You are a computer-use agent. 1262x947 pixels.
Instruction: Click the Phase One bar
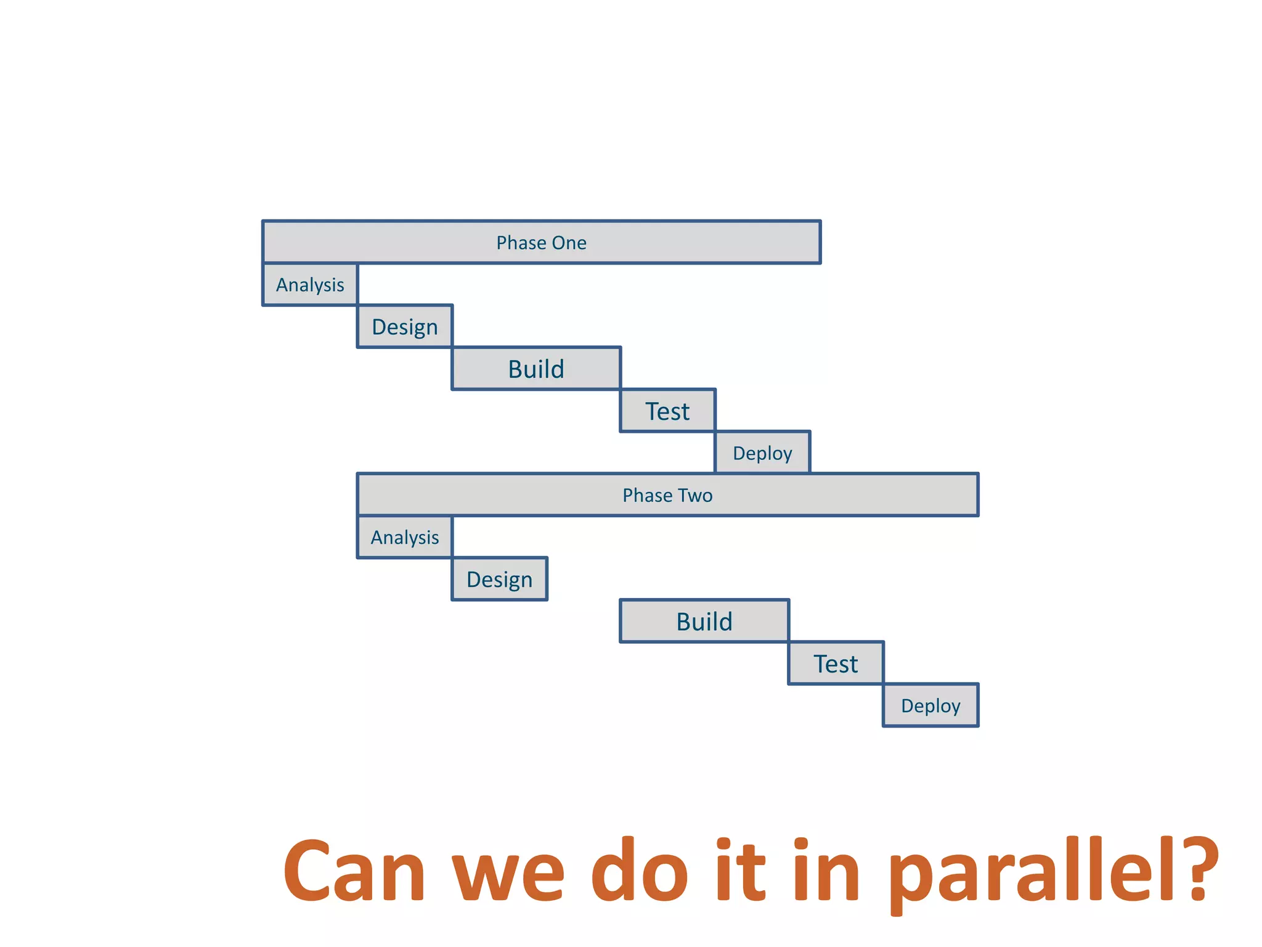pyautogui.click(x=541, y=242)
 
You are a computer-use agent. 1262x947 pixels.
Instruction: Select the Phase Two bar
pyautogui.click(x=667, y=495)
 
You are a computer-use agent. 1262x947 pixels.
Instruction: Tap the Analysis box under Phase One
pyautogui.click(x=310, y=285)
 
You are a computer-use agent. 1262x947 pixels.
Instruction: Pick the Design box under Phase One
pyautogui.click(x=405, y=327)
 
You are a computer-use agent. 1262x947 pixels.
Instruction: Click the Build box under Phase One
pyautogui.click(x=536, y=369)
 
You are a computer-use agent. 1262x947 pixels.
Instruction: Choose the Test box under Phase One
pyautogui.click(x=667, y=411)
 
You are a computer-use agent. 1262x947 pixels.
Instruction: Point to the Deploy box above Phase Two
pyautogui.click(x=762, y=453)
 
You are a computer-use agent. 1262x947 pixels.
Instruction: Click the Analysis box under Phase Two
pyautogui.click(x=405, y=538)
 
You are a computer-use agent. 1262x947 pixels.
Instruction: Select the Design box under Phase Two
pyautogui.click(x=499, y=580)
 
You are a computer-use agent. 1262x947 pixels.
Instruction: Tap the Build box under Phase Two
pyautogui.click(x=704, y=621)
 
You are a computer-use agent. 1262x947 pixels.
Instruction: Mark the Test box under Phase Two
pyautogui.click(x=836, y=664)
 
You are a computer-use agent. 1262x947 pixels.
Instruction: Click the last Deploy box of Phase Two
pyautogui.click(x=930, y=706)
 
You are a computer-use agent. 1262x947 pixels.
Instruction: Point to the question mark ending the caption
pyautogui.click(x=1199, y=869)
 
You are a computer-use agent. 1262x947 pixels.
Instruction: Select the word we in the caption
pyautogui.click(x=508, y=875)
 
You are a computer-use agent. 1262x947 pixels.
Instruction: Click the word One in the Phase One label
pyautogui.click(x=569, y=243)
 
